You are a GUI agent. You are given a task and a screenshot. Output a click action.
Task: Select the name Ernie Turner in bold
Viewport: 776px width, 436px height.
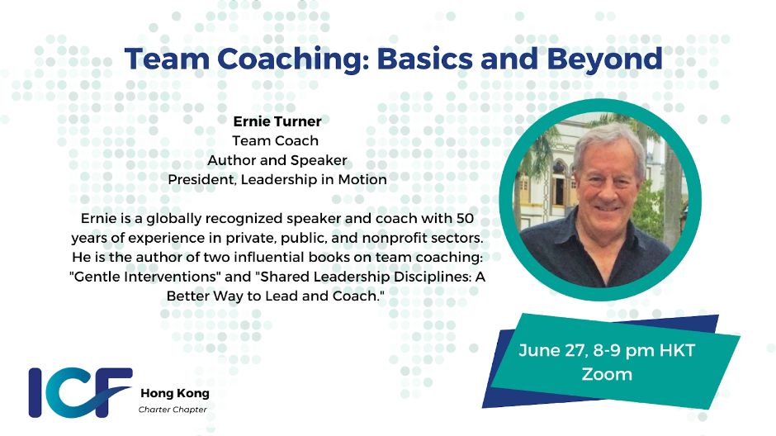point(277,121)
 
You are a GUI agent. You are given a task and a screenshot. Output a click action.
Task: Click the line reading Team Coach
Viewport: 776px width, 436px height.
point(275,140)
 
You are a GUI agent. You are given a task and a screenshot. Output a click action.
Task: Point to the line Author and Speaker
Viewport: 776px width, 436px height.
point(277,160)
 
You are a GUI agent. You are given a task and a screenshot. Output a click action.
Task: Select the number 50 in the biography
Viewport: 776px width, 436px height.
point(465,218)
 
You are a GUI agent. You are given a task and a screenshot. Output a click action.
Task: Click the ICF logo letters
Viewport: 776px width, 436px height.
point(80,392)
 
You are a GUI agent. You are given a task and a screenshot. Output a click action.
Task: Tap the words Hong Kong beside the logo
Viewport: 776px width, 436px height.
point(175,393)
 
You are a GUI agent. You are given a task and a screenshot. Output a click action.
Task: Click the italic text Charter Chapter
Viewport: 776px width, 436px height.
point(173,410)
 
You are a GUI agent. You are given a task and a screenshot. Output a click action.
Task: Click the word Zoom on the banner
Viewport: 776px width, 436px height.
point(607,374)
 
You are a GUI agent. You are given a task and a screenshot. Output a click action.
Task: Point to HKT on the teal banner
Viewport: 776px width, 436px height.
point(677,350)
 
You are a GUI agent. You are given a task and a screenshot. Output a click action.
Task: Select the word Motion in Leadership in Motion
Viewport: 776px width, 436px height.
point(362,179)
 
